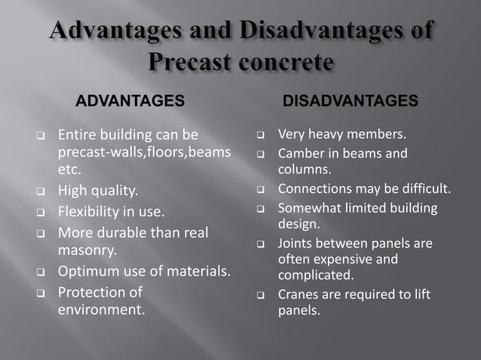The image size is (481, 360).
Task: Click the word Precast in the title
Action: (x=190, y=62)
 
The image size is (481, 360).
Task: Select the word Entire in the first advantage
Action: (x=78, y=135)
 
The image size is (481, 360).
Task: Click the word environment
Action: (x=101, y=308)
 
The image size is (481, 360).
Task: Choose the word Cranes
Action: (x=299, y=294)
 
